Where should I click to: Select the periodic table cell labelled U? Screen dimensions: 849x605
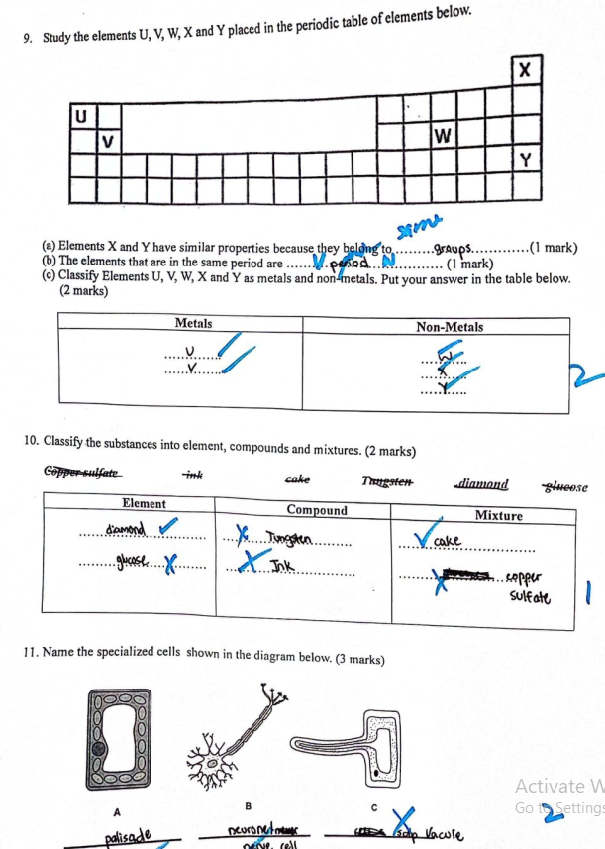click(x=83, y=117)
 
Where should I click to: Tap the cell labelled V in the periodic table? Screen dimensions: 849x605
click(x=108, y=141)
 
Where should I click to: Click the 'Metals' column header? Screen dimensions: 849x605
click(x=193, y=323)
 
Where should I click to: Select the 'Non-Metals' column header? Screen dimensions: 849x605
click(x=450, y=326)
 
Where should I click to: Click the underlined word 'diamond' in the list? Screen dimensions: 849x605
click(x=482, y=484)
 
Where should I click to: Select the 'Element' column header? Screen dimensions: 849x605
click(x=143, y=505)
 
